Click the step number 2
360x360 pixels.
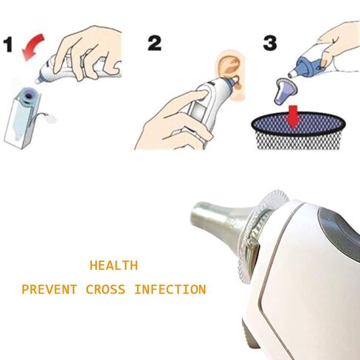tap(154, 42)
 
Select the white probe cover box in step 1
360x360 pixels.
tap(24, 122)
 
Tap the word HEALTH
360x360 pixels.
tap(113, 265)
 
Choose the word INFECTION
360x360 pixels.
tap(170, 289)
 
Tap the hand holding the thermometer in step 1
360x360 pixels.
tap(96, 52)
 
